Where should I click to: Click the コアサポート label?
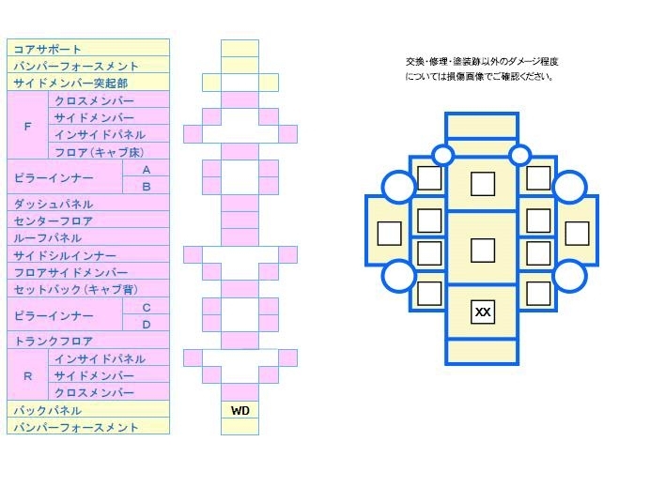[x=47, y=50]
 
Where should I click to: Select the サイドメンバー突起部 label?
[x=70, y=84]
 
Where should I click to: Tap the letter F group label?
[x=28, y=127]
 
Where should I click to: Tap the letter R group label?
[x=28, y=376]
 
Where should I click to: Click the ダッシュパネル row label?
[x=54, y=205]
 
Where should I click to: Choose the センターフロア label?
[x=54, y=221]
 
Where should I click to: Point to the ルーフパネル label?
[x=48, y=238]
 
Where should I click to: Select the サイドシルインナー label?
[x=65, y=255]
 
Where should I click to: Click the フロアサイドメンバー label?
[x=70, y=272]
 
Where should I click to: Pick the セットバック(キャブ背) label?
[x=76, y=290]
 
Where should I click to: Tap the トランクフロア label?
[x=54, y=342]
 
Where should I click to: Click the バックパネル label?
[x=48, y=410]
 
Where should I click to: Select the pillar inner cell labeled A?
[x=146, y=170]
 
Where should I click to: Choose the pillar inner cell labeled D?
[x=146, y=325]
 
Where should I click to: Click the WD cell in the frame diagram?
[x=240, y=410]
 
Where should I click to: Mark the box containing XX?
[x=483, y=312]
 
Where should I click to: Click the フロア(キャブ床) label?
[x=100, y=152]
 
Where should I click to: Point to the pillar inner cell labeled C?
[x=146, y=308]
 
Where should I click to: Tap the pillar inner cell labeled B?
[x=146, y=187]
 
